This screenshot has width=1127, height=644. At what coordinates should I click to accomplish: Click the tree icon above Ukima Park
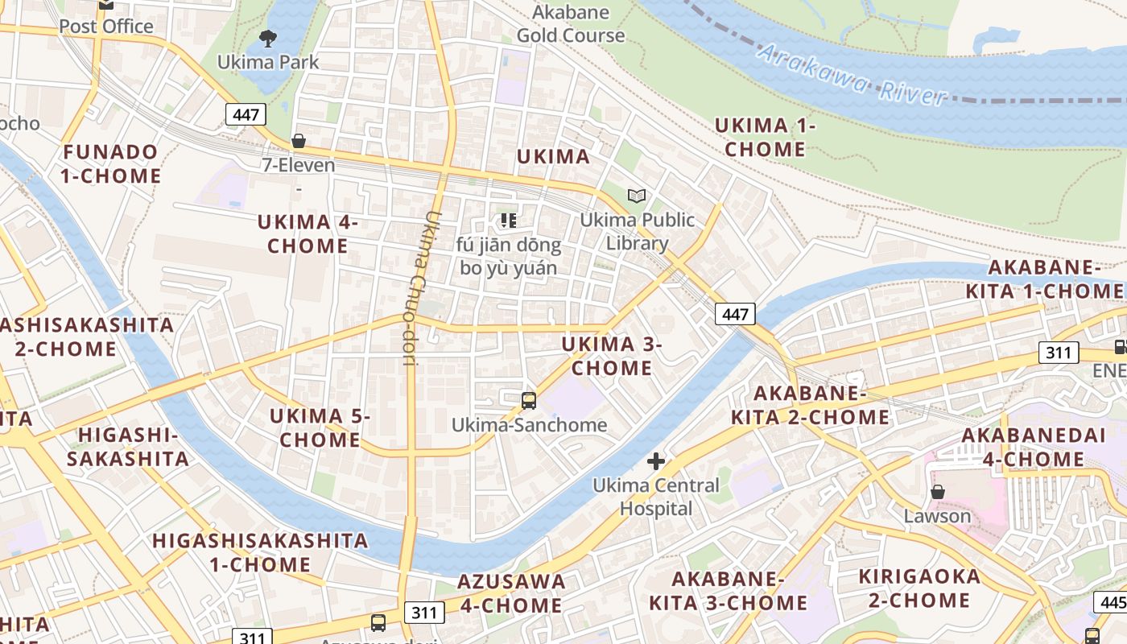267,37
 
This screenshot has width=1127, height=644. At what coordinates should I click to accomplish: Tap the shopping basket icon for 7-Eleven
299,141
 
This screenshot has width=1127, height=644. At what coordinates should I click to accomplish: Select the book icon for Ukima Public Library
637,196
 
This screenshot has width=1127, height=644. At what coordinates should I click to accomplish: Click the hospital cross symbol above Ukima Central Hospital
656,461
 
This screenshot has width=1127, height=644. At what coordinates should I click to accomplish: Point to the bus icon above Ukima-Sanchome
529,400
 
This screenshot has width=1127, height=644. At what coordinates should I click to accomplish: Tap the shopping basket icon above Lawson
937,491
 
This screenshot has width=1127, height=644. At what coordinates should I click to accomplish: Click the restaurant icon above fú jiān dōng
507,220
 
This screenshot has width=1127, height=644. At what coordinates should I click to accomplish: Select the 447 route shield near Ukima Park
246,114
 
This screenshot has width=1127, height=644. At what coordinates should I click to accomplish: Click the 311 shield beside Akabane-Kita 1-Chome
1059,352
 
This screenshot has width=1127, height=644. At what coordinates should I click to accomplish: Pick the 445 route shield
1112,602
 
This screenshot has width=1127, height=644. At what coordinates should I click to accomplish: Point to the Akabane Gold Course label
571,24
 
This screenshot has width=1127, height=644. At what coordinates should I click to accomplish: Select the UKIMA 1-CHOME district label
764,137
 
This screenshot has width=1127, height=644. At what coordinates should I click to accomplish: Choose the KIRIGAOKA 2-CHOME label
919,588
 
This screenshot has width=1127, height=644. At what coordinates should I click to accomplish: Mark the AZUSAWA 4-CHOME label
511,592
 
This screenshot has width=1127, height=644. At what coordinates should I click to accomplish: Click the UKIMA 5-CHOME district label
320,427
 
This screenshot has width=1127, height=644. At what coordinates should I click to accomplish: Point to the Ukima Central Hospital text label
656,497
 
